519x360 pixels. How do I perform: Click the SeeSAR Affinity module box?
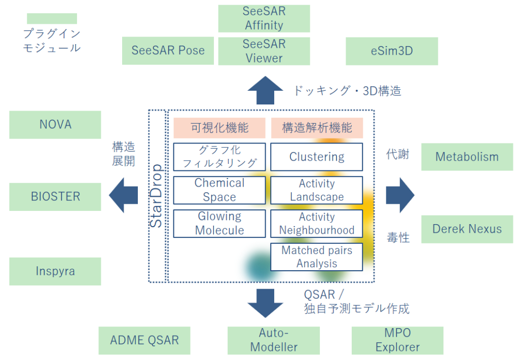pos(264,18)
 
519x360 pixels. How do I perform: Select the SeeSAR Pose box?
pos(168,50)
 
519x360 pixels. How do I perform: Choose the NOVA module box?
pos(55,125)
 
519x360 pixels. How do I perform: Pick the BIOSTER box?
pos(55,197)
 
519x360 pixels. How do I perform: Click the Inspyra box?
pos(55,271)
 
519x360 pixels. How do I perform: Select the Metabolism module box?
pos(467,157)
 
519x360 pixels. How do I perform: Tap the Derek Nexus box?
pos(467,229)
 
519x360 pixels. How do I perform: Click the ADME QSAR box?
pos(144,340)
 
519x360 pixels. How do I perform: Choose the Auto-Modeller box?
pos(274,340)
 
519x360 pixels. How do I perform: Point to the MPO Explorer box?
pos(397,340)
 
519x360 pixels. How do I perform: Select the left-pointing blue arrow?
pos(123,196)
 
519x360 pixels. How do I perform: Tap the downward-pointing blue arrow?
pos(266,303)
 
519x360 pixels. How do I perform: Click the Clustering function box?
pos(317,157)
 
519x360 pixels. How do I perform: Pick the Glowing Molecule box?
pos(219,224)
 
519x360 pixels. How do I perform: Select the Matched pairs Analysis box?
pos(317,257)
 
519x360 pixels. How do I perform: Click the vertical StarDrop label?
pos(157,196)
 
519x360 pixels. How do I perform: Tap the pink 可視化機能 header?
pos(219,128)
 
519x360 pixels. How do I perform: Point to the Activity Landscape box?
pos(317,190)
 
